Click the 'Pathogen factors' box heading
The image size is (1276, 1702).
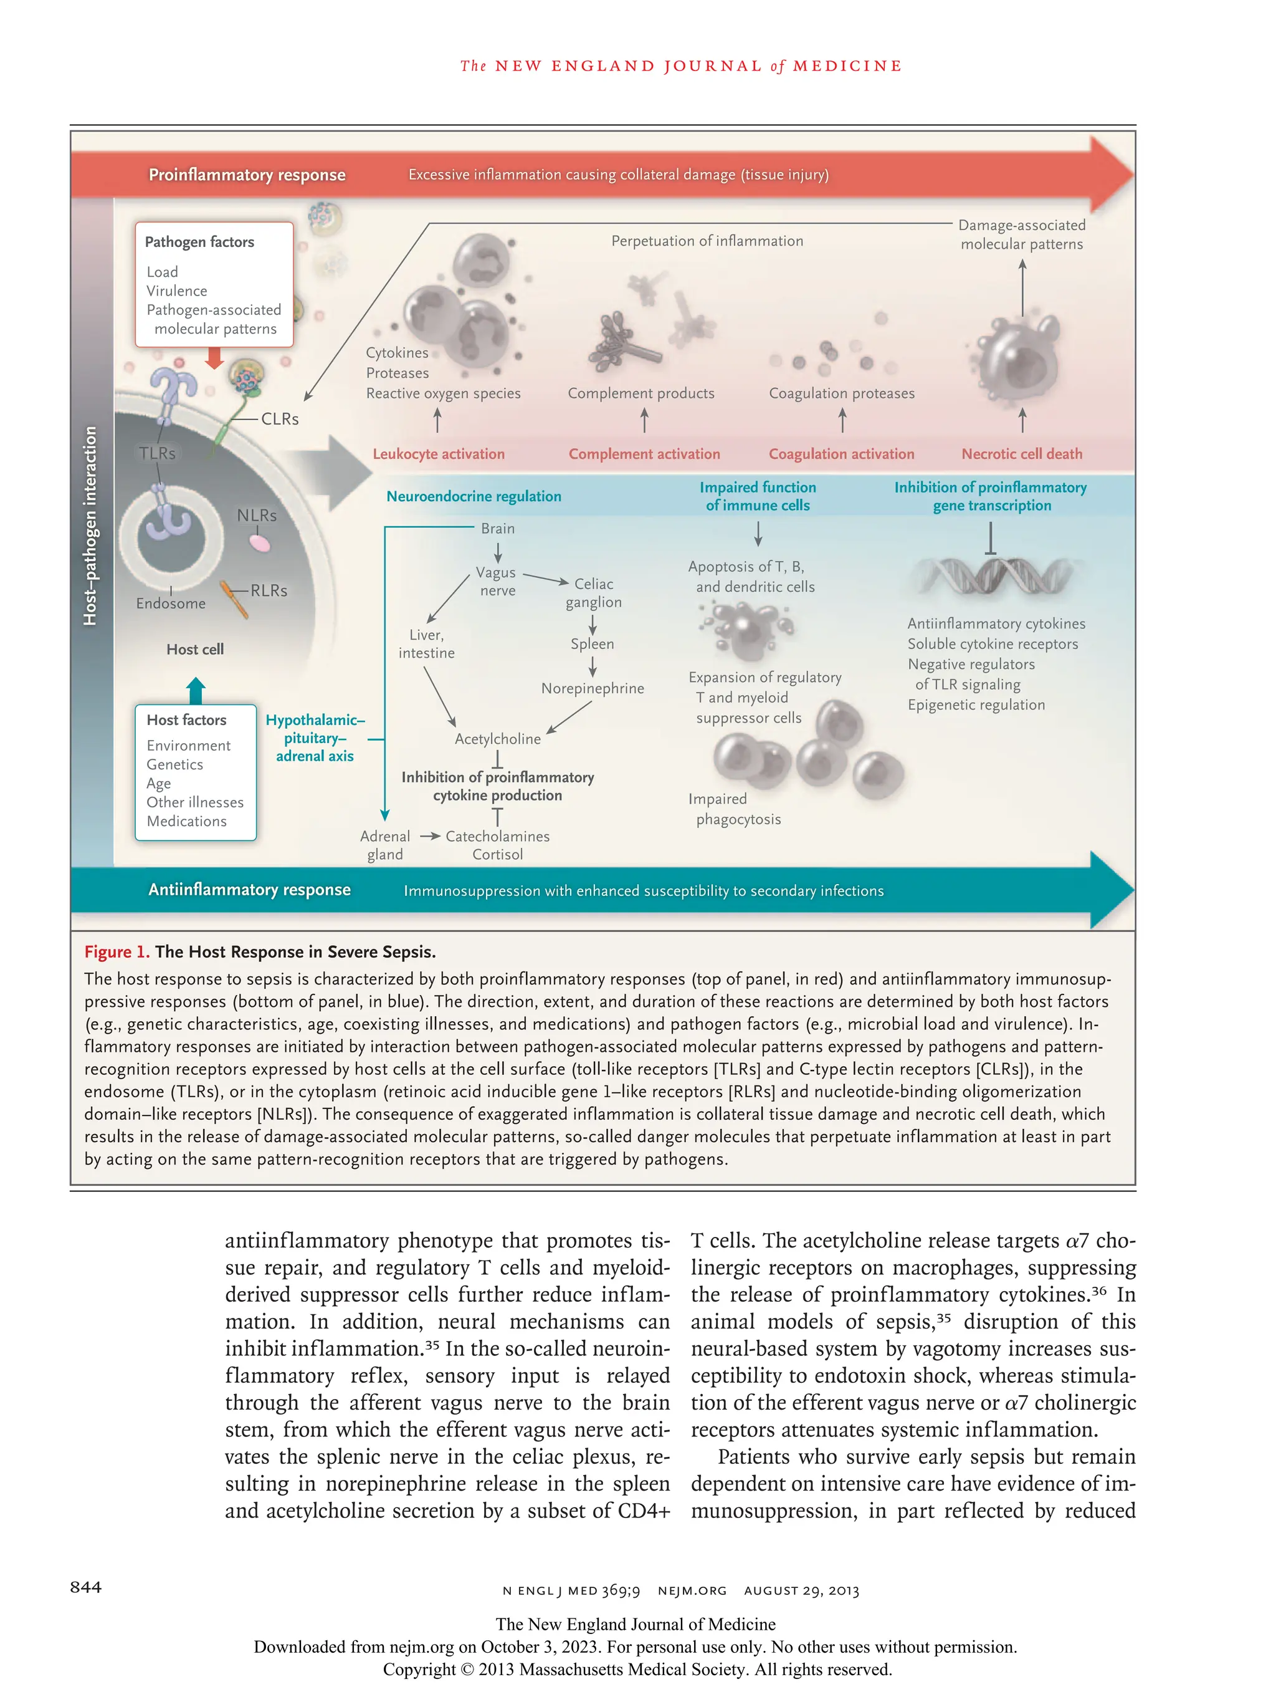[x=199, y=242]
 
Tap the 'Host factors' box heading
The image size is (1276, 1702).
[x=186, y=719]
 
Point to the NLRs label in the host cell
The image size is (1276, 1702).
[x=256, y=515]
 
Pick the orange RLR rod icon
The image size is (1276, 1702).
[x=234, y=599]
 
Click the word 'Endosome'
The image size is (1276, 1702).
[x=171, y=603]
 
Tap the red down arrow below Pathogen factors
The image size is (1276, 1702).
[x=214, y=358]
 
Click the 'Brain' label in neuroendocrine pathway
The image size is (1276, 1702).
[x=498, y=529]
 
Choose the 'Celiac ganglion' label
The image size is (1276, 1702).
[x=594, y=592]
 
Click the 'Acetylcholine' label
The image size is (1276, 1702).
[x=498, y=739]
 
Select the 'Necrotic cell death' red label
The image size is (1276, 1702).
[x=1021, y=454]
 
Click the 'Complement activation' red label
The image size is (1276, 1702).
[x=644, y=454]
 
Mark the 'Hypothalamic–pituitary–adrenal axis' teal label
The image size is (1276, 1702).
[x=315, y=738]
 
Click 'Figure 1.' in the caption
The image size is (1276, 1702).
[x=116, y=952]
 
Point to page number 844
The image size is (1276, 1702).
[x=85, y=1587]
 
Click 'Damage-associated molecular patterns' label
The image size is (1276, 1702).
[x=1021, y=234]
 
